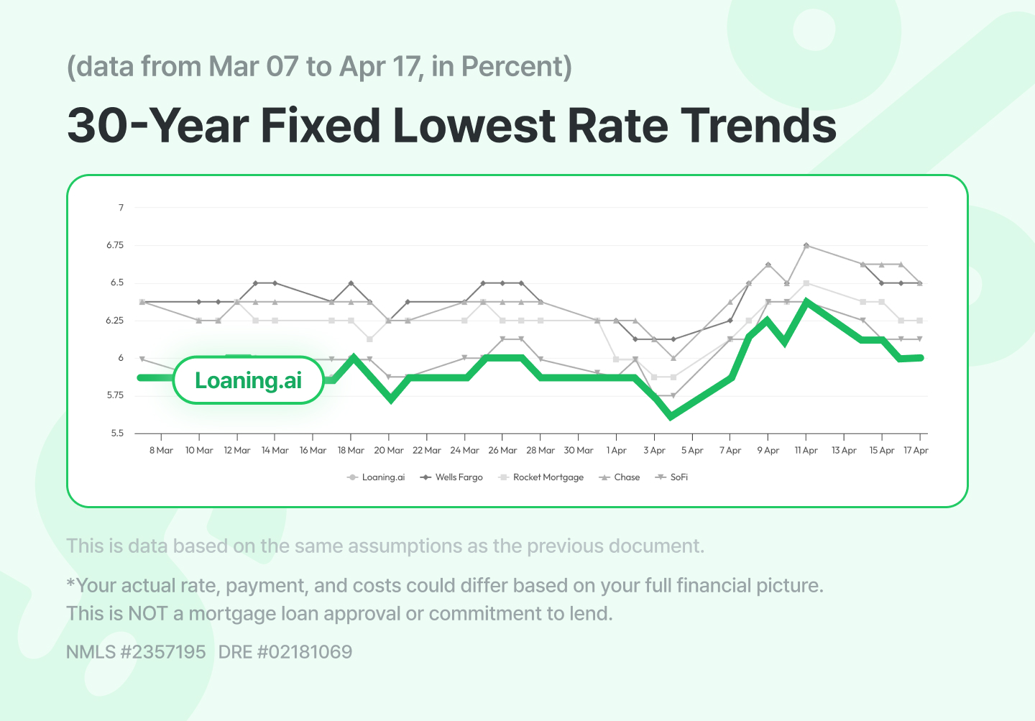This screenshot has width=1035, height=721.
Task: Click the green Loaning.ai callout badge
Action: (x=248, y=380)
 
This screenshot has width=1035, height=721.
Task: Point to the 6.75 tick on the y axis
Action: (x=115, y=245)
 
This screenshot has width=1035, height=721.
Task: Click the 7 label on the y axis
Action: (x=121, y=208)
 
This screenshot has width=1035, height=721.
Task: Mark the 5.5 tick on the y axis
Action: (x=116, y=433)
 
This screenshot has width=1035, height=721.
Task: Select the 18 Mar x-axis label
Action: (x=351, y=451)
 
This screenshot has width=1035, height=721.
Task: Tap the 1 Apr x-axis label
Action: (x=617, y=451)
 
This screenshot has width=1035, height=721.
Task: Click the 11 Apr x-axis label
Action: (x=806, y=451)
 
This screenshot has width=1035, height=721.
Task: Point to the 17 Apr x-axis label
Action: (x=916, y=451)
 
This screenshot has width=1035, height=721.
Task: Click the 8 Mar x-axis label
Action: (x=161, y=451)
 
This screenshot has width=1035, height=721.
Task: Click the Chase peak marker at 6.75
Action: (x=806, y=246)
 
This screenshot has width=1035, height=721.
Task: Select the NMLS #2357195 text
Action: (x=136, y=652)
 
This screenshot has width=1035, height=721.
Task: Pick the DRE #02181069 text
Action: (x=285, y=652)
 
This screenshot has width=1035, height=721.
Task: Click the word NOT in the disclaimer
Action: (x=148, y=614)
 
